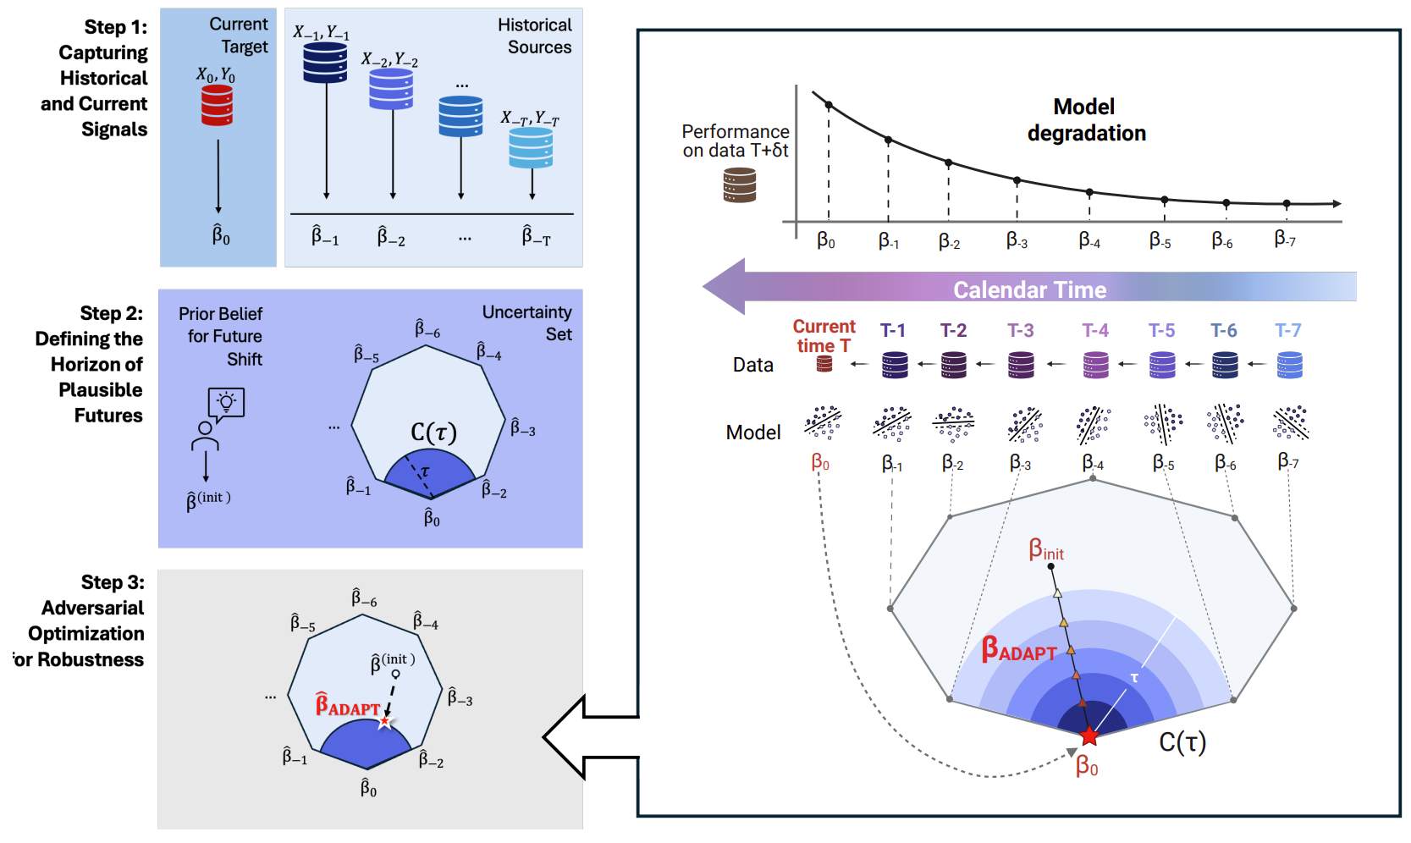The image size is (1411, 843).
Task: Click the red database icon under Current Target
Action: click(217, 105)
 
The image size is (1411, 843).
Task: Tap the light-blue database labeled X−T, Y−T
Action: click(531, 147)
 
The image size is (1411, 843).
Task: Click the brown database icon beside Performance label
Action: click(739, 185)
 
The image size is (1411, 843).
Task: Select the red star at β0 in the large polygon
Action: click(1089, 736)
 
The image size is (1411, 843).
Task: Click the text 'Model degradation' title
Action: click(1086, 119)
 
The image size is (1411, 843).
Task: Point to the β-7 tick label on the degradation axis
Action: click(1285, 240)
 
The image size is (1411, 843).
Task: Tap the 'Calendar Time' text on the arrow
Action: click(1029, 289)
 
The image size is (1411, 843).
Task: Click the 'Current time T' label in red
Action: click(824, 336)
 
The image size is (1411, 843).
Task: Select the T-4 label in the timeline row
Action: click(1095, 330)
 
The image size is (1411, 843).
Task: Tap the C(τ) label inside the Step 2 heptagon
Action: click(433, 433)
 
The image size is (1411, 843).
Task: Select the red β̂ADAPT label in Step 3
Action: click(348, 706)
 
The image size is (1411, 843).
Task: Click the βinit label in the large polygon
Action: click(1046, 550)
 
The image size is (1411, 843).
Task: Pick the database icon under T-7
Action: click(1289, 365)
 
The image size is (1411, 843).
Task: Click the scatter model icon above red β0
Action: click(823, 422)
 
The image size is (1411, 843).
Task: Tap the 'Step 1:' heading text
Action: click(115, 27)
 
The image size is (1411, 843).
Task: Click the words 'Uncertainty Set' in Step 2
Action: click(527, 323)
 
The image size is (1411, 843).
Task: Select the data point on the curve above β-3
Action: click(1017, 180)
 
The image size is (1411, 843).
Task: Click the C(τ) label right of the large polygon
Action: click(1182, 742)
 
